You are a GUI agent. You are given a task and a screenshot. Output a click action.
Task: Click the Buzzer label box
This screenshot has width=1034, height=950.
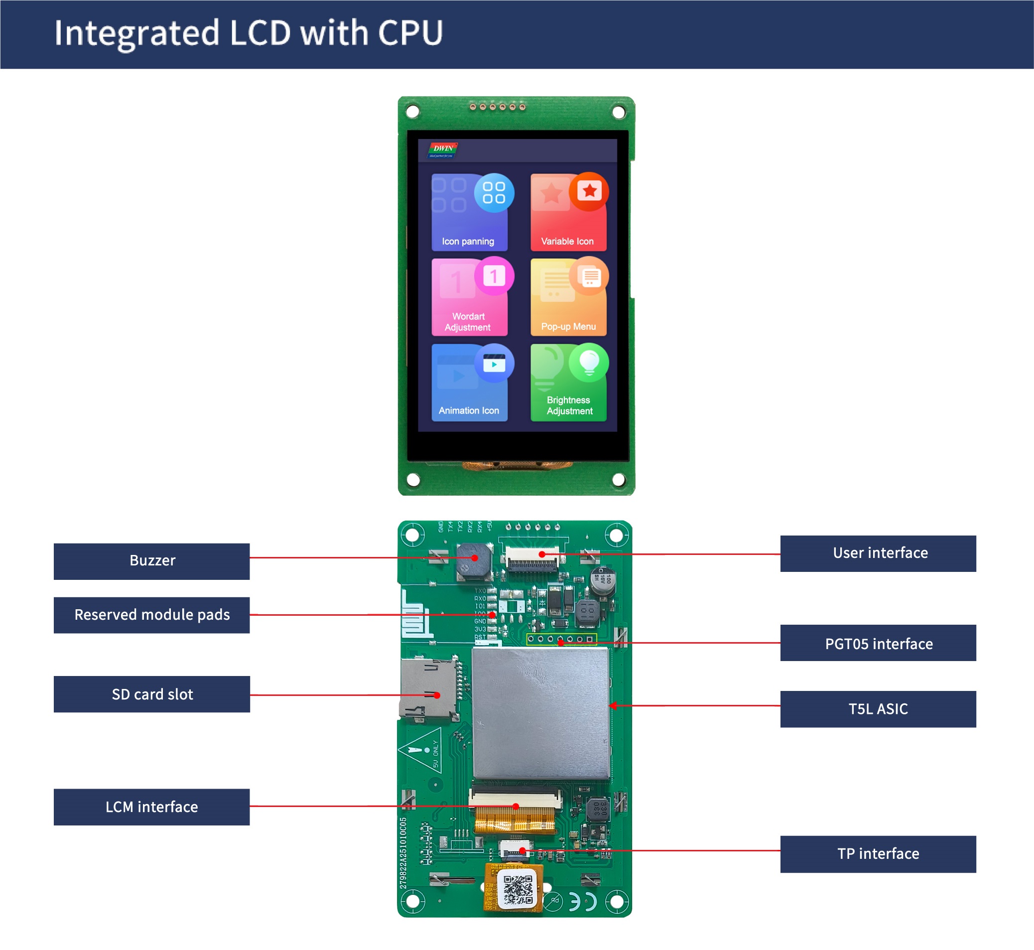coord(151,561)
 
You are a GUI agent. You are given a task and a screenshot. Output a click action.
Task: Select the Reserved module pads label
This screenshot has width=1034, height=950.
coord(151,615)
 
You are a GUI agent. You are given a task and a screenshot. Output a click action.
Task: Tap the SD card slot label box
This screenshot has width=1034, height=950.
coord(151,694)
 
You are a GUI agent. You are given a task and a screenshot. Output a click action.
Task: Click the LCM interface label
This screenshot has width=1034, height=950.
coord(151,807)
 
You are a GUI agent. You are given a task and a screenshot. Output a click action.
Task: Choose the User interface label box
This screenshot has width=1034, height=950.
coord(878,553)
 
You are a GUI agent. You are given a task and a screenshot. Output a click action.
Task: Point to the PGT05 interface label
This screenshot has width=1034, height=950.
coord(878,643)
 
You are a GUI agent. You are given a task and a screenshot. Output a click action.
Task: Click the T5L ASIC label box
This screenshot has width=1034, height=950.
coord(878,709)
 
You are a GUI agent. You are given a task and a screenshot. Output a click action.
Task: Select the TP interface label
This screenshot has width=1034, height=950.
coord(878,854)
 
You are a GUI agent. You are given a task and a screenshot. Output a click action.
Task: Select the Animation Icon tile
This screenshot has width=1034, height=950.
coord(469,383)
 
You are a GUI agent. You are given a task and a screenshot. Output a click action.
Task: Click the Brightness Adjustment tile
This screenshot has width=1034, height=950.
coord(568,383)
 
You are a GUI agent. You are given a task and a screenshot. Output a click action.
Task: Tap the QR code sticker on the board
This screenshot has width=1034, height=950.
coord(517,890)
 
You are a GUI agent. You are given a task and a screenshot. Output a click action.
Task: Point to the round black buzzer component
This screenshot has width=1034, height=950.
coord(473,561)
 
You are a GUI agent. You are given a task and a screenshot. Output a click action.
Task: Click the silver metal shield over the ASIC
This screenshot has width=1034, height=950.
coord(540,714)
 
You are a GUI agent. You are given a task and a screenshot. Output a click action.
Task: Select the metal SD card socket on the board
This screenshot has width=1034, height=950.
coord(427,689)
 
